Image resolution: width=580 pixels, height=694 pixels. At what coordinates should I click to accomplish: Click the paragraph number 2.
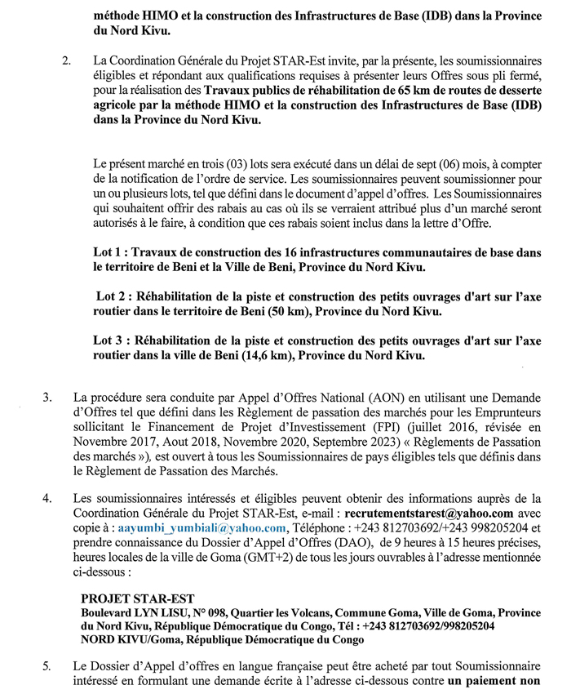(66, 61)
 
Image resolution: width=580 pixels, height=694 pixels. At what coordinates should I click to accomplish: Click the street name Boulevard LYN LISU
(133, 612)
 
